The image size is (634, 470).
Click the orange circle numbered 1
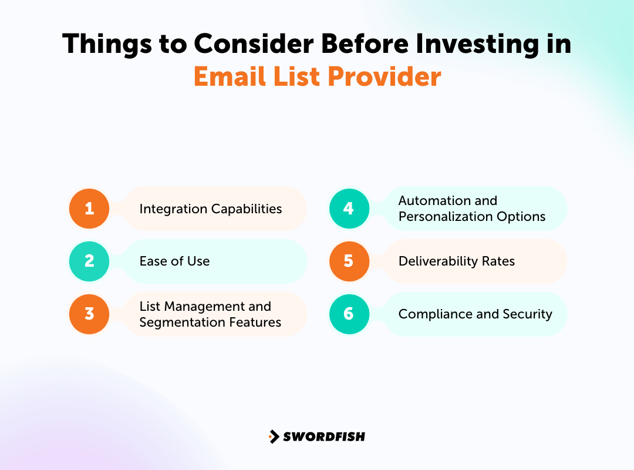coord(89,209)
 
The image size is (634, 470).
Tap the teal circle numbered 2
coord(89,261)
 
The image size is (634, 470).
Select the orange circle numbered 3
coord(89,314)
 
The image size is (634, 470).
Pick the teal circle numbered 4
coord(349,209)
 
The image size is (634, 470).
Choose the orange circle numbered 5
coord(349,261)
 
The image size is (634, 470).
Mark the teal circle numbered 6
coord(349,314)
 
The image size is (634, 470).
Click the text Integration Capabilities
coord(210,209)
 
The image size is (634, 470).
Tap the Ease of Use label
coord(174,261)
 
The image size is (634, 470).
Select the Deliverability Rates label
coord(456,261)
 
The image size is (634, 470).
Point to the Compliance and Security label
coord(475,314)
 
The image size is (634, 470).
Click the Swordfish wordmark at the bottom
coord(324,437)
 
